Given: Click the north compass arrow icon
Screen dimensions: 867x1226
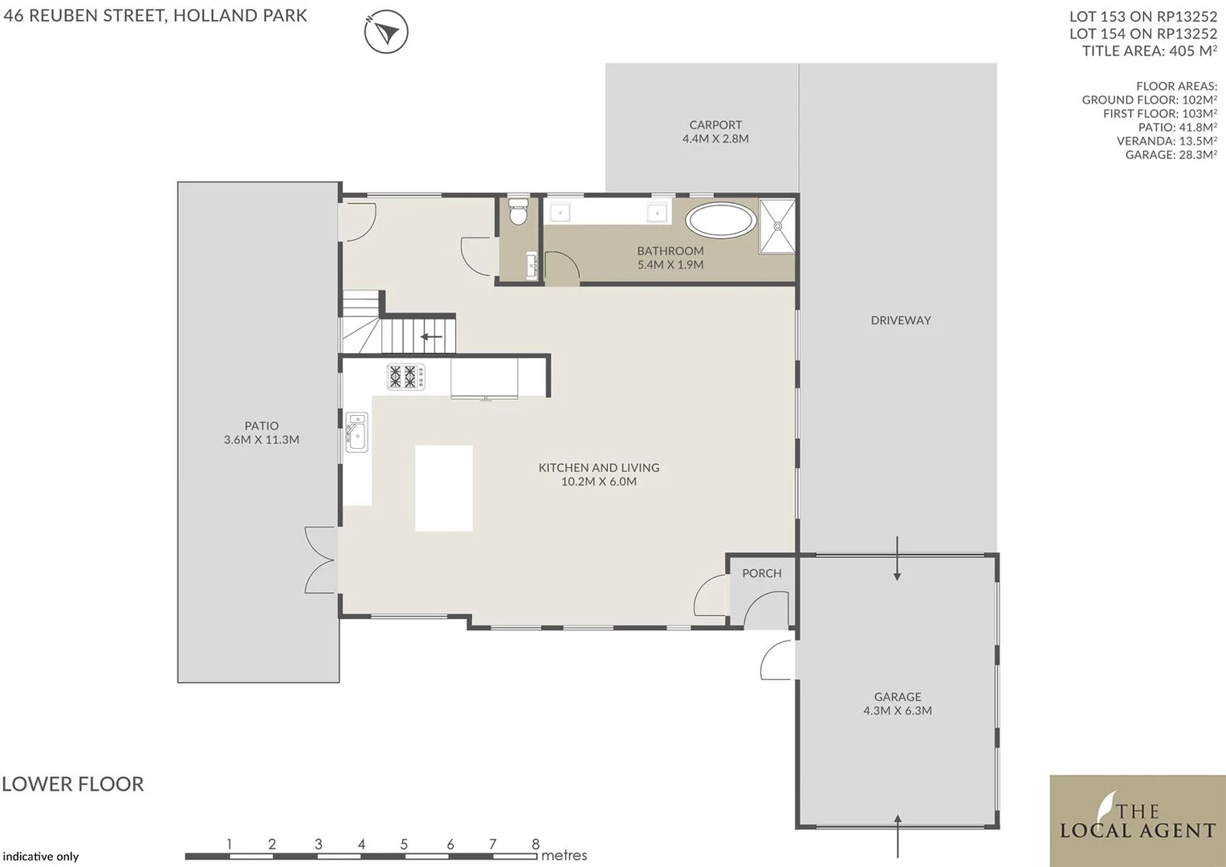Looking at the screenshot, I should tap(386, 33).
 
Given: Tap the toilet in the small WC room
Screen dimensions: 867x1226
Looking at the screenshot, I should tap(518, 213).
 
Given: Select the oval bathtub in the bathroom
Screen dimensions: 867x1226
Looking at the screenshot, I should tap(721, 220).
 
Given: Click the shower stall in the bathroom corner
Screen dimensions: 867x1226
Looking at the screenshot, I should tap(777, 226).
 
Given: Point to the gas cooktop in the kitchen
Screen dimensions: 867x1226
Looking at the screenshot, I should tap(405, 377).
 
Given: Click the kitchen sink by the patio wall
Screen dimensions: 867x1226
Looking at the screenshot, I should tap(356, 433).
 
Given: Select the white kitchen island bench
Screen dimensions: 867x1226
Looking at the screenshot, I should tap(443, 488).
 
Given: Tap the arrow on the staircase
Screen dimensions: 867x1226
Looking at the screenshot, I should tap(431, 337).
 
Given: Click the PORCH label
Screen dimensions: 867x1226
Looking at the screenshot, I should tap(761, 573).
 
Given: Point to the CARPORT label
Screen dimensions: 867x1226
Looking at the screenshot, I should tap(715, 125).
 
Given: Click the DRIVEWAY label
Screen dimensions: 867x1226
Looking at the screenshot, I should tap(900, 320).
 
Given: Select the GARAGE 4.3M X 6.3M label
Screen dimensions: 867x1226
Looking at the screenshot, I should tap(897, 704).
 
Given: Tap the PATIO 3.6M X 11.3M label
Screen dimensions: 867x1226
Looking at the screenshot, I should tap(261, 433).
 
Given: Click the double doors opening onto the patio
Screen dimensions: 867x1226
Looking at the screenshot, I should tap(321, 560).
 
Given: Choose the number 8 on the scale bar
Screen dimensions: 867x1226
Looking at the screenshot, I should tap(536, 844).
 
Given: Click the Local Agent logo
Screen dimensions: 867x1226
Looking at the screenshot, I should tap(1137, 820).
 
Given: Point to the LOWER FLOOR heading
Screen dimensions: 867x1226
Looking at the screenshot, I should tap(73, 784).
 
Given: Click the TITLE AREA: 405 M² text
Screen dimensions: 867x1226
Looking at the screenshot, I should tap(1149, 51).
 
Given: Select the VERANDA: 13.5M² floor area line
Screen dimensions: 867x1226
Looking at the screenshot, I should tap(1166, 141).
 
